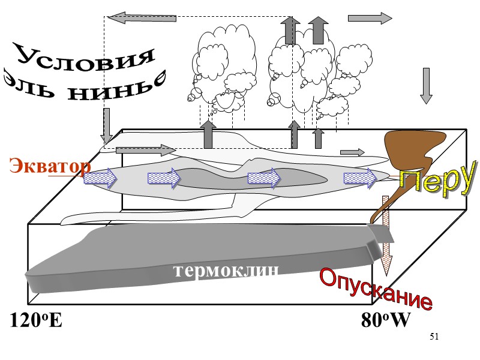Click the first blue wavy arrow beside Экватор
[100, 178]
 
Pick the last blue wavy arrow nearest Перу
[360, 178]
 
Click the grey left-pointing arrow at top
[142, 18]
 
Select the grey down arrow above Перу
[427, 86]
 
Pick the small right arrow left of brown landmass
[352, 152]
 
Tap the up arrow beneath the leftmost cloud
[208, 134]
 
